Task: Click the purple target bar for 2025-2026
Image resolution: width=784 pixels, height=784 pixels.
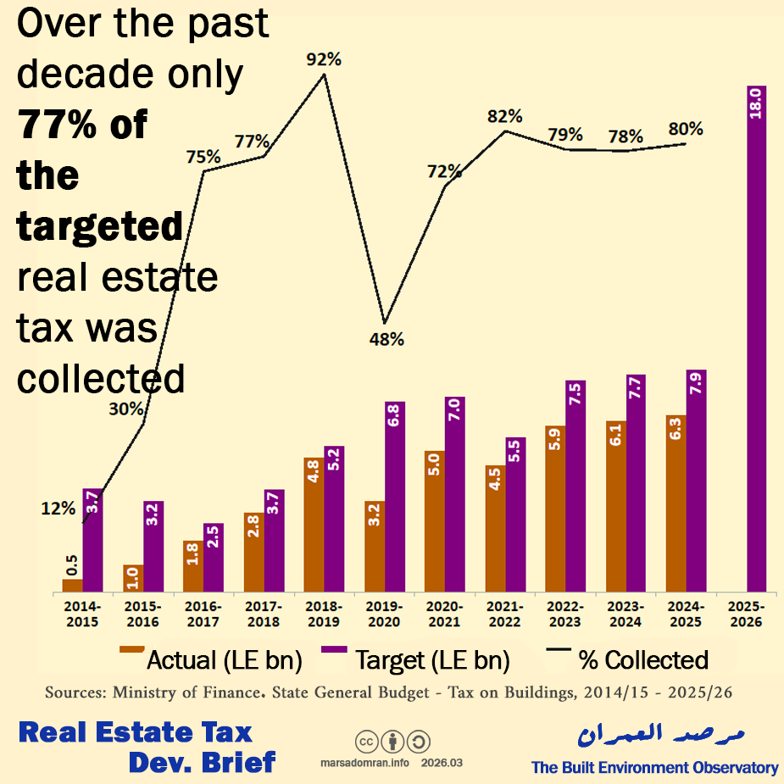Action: click(757, 339)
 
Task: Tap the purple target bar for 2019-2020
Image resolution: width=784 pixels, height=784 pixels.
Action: click(395, 497)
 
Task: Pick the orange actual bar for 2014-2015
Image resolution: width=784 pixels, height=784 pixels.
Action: click(73, 585)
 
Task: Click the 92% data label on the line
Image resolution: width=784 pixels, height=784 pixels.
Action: click(325, 59)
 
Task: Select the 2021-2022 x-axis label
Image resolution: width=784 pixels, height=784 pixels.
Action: click(505, 614)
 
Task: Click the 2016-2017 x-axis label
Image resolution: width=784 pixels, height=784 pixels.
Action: click(203, 614)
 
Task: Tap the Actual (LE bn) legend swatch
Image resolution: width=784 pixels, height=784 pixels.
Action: click(131, 651)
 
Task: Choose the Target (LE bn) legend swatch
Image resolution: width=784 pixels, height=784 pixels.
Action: click(334, 651)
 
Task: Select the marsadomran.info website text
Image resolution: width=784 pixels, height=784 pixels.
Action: click(364, 763)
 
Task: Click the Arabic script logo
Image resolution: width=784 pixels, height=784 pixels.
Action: click(653, 735)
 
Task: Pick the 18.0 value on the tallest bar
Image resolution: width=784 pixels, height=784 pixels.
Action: click(757, 106)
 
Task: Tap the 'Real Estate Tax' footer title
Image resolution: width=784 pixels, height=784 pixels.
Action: click(136, 732)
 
